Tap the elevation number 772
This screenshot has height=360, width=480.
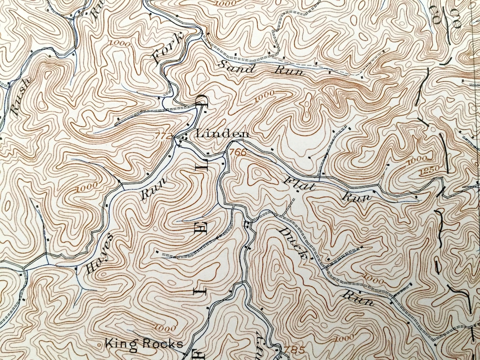click(164, 136)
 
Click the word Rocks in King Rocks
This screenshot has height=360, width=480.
click(162, 344)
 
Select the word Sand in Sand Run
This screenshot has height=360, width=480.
click(237, 67)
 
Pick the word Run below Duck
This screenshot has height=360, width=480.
click(357, 297)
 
